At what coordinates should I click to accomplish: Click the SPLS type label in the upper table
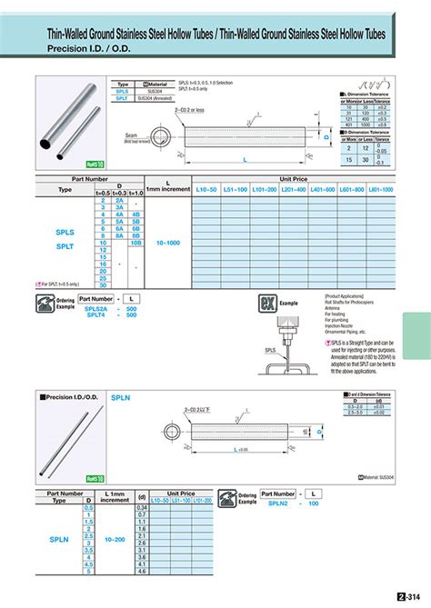click(65, 232)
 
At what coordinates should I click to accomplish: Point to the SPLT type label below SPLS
click(65, 245)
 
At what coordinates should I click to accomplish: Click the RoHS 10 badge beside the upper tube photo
click(95, 164)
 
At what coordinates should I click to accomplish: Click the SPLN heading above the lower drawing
click(121, 396)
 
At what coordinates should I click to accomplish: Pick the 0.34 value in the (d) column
click(141, 507)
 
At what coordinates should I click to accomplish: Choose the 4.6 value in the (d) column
click(141, 571)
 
